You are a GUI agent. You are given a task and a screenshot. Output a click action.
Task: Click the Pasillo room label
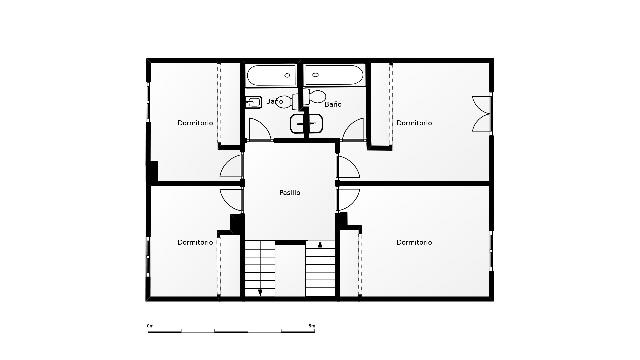click(290, 192)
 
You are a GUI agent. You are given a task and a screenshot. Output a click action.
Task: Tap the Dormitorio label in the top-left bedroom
click(196, 123)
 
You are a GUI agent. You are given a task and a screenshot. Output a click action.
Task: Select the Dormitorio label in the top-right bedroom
click(414, 123)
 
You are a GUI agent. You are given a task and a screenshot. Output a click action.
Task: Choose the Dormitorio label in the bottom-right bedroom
click(414, 242)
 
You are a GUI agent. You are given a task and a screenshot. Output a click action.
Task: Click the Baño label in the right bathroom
click(333, 103)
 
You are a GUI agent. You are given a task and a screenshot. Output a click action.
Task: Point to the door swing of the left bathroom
click(258, 129)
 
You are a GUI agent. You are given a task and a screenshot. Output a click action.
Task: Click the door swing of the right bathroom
click(354, 129)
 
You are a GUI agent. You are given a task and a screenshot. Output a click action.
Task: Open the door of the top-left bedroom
click(231, 166)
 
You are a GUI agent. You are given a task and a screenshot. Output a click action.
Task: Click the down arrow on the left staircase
click(260, 291)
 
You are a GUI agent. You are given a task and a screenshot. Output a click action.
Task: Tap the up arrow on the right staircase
click(320, 244)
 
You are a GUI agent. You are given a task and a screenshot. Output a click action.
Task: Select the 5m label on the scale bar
click(314, 326)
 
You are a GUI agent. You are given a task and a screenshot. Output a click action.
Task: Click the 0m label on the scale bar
click(149, 326)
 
